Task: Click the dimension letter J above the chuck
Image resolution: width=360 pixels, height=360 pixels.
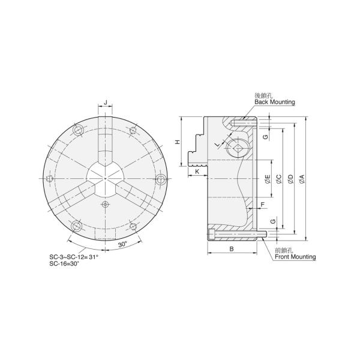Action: point(106,103)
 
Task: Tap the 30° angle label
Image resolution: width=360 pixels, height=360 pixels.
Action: point(122,245)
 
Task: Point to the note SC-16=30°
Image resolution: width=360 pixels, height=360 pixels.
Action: point(65,264)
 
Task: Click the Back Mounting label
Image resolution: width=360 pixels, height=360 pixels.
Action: point(275,103)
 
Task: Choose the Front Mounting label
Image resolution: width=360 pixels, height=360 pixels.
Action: point(295,257)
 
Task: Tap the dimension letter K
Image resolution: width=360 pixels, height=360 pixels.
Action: point(197,172)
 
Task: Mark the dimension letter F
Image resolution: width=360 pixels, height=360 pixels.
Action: point(262,204)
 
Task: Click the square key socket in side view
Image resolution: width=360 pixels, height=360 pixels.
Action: point(238,151)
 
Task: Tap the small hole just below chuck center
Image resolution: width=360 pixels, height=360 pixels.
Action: point(106,205)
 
